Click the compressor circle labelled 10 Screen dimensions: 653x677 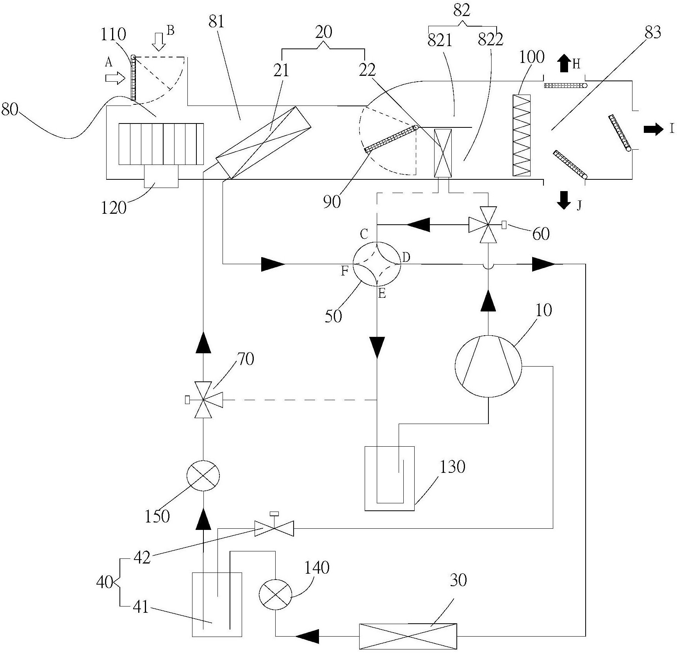pos(488,366)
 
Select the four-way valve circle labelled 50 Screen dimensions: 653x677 pos(377,265)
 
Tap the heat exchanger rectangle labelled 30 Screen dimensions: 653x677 pos(408,636)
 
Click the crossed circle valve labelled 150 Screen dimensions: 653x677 pos(203,475)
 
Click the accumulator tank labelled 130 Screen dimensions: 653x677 pos(389,478)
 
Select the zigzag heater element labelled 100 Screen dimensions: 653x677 pos(522,135)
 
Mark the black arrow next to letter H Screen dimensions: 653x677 pos(564,63)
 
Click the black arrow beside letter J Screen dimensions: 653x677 pos(564,200)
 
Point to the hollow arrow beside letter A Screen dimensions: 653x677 pos(114,78)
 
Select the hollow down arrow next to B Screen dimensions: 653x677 pos(159,41)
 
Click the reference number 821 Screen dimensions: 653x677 pos(440,40)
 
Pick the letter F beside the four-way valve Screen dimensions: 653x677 pos(344,271)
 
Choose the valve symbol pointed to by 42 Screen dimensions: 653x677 pos(274,528)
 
